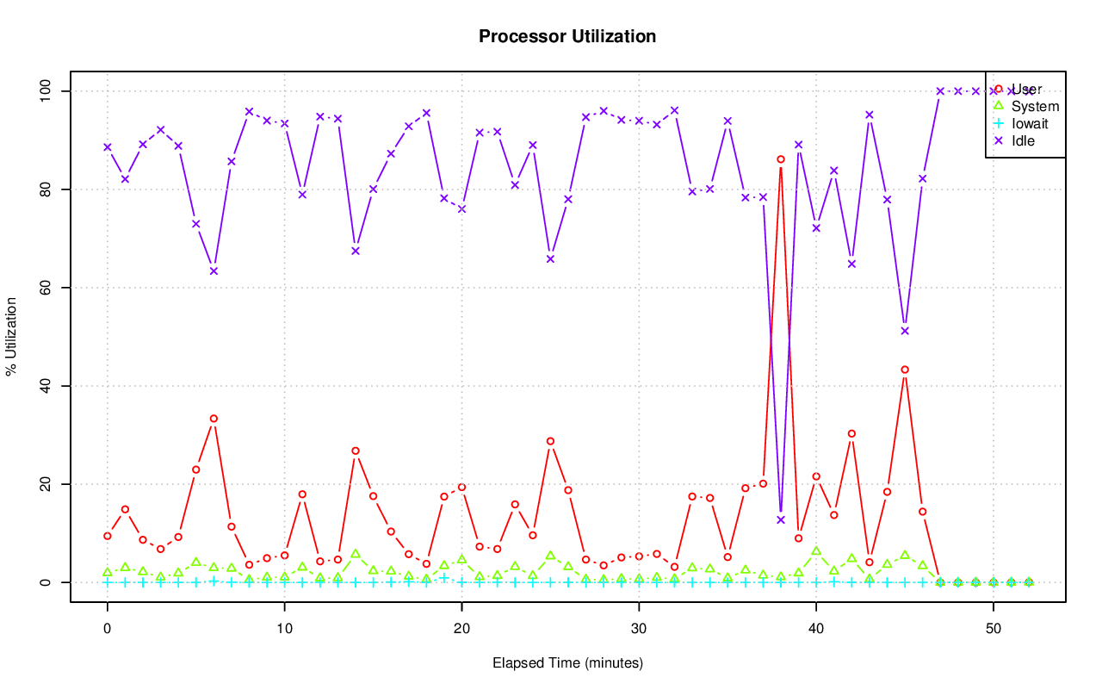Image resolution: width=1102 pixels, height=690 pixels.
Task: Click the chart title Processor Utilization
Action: tap(567, 36)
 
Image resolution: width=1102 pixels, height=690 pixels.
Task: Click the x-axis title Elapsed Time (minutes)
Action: tap(567, 663)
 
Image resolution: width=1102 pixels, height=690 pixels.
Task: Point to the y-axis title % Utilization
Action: tap(12, 336)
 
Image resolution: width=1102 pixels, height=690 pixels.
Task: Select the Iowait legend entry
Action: tap(1030, 123)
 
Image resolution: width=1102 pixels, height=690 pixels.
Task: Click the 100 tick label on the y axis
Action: tap(44, 90)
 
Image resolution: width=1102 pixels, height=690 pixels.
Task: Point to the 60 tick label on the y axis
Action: tap(44, 287)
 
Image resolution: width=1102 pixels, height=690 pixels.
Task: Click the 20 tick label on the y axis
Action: tap(44, 484)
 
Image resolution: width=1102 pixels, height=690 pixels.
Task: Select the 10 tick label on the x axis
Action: tap(284, 629)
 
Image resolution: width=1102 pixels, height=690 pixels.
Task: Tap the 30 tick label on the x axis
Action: tap(639, 629)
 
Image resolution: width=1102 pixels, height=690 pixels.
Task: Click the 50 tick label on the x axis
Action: tap(994, 629)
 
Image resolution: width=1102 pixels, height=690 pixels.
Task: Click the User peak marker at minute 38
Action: tap(781, 159)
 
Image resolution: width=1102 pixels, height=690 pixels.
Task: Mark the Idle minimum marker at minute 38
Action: tap(781, 519)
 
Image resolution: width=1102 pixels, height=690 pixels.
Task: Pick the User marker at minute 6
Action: tap(214, 419)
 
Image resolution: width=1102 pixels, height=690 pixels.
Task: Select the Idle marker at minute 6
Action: tap(214, 271)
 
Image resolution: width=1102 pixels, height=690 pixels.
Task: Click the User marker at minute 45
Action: tap(905, 370)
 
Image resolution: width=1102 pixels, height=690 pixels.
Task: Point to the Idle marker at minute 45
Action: tap(905, 331)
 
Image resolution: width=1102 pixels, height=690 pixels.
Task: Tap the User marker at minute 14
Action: tap(356, 451)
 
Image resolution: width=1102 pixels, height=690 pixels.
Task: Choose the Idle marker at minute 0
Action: tap(108, 147)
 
